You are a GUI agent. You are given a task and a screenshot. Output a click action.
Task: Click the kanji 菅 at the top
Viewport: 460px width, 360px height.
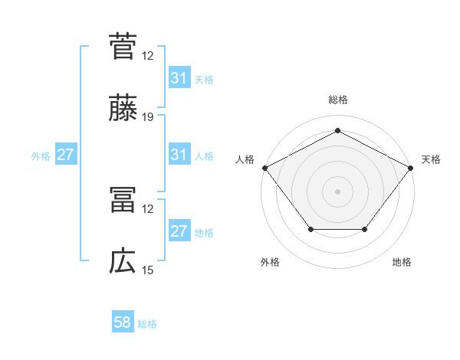click(123, 46)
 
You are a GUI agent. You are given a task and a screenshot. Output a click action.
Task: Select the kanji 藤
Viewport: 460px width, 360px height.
click(123, 109)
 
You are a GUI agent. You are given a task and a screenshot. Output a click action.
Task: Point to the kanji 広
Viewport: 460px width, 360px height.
click(123, 262)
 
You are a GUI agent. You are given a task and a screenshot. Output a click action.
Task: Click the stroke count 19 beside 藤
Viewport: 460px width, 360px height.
click(148, 117)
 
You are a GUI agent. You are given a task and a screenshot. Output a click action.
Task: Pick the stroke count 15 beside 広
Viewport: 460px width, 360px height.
click(148, 270)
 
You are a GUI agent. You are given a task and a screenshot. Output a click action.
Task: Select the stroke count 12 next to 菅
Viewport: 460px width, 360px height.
click(148, 55)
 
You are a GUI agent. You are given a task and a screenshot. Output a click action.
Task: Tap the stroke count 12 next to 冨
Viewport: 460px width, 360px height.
click(148, 208)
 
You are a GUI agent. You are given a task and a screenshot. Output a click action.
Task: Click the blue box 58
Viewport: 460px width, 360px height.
click(123, 323)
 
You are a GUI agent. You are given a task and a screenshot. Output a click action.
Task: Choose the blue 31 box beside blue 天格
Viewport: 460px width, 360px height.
click(179, 78)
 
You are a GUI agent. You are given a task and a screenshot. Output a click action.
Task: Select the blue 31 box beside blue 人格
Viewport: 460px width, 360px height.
click(179, 155)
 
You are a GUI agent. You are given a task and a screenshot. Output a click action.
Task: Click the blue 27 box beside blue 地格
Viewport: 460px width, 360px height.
click(179, 232)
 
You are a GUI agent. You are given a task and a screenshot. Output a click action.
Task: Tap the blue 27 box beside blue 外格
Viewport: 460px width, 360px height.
click(66, 155)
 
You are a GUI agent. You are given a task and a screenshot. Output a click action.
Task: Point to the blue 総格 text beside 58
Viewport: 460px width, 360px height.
click(147, 324)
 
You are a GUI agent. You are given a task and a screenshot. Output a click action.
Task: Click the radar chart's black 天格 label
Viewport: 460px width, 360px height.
click(432, 159)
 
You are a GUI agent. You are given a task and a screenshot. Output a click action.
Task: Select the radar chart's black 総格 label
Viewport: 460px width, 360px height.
click(337, 100)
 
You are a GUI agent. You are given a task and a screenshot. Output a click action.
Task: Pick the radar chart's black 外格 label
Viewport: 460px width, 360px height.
click(270, 262)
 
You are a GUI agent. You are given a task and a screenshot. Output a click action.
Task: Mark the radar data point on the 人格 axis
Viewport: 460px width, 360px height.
click(264, 167)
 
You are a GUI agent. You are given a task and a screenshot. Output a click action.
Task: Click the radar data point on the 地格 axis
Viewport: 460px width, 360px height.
click(364, 229)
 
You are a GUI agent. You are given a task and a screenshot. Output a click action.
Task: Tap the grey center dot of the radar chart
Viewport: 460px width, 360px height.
click(337, 191)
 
